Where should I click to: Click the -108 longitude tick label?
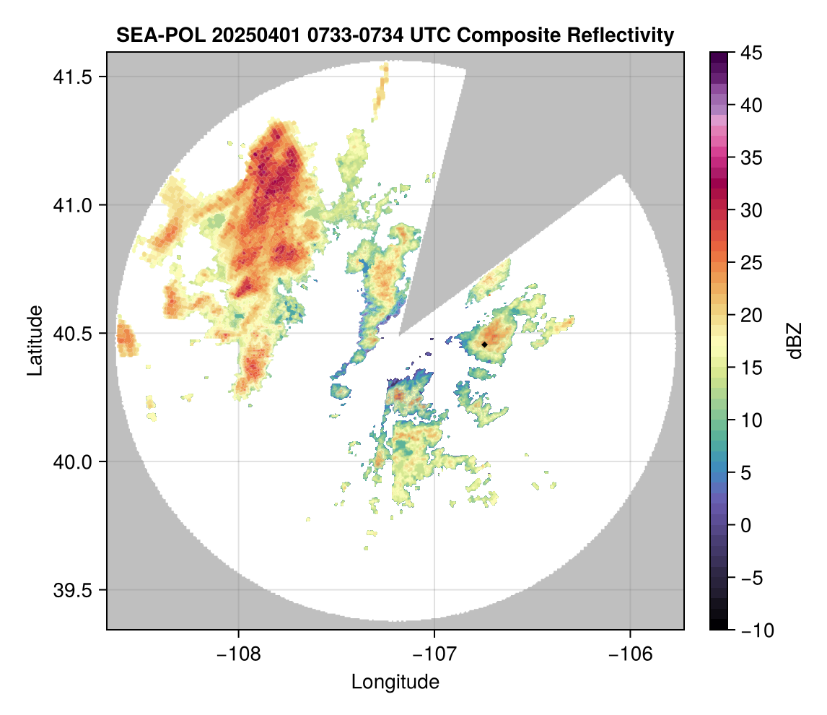click(238, 654)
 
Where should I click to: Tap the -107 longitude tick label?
click(434, 654)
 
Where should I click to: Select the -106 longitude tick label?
click(631, 654)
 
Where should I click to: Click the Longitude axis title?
click(395, 682)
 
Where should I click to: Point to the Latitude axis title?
click(34, 340)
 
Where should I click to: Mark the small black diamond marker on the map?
click(485, 344)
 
